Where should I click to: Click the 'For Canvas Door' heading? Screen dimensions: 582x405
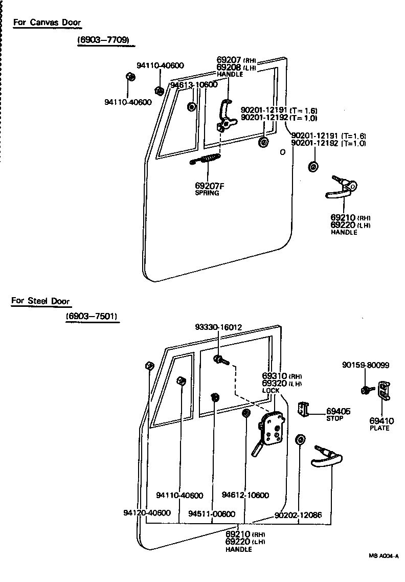click(x=47, y=23)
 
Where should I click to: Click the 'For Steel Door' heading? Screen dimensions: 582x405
click(x=40, y=301)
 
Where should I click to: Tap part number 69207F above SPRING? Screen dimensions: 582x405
click(x=210, y=186)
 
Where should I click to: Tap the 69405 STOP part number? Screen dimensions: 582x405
click(x=338, y=411)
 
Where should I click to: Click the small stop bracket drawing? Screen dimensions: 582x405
click(x=304, y=408)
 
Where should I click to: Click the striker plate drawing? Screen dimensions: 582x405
click(x=385, y=392)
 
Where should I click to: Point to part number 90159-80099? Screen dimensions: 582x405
click(x=366, y=365)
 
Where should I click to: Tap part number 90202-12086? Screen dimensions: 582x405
click(x=298, y=515)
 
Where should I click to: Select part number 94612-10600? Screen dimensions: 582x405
click(x=245, y=495)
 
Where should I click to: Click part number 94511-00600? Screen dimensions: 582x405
click(x=211, y=514)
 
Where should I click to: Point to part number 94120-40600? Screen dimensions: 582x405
click(x=147, y=512)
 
